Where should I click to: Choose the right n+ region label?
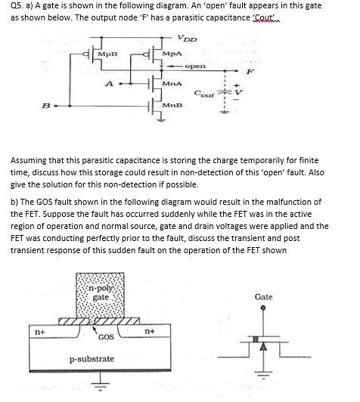click(x=150, y=331)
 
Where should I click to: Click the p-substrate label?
click(x=92, y=357)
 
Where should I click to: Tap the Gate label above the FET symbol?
click(x=263, y=297)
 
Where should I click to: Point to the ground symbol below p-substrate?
click(x=95, y=389)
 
